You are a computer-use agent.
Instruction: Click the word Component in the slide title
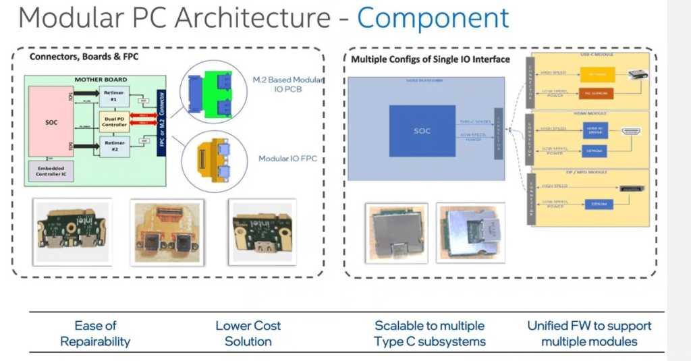pos(433,19)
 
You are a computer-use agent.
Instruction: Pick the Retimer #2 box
pos(113,147)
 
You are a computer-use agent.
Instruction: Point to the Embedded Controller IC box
pos(51,171)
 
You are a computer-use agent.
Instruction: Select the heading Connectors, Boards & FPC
pos(84,57)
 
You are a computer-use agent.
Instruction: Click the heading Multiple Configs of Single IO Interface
pos(430,59)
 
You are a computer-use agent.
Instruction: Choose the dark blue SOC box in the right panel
pos(422,130)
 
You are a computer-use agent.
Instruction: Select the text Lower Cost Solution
pos(248,333)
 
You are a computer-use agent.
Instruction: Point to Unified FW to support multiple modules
pos(589,333)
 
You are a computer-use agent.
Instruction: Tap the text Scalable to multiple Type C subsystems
pos(429,333)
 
